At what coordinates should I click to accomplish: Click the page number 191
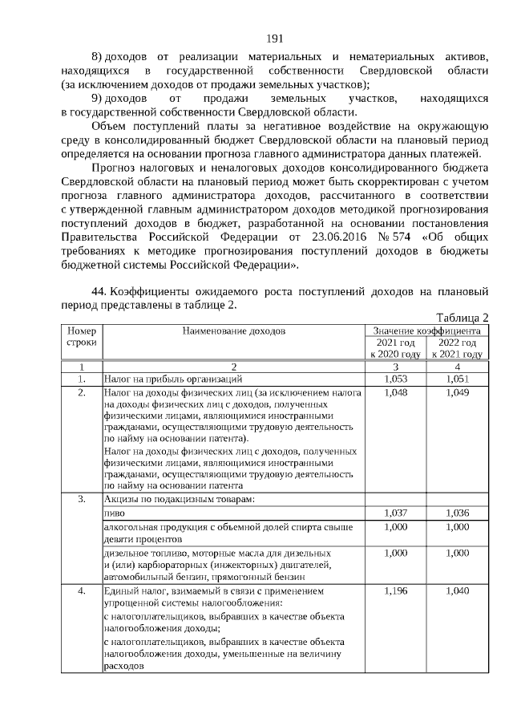coord(275,39)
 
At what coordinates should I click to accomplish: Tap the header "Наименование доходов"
coord(233,331)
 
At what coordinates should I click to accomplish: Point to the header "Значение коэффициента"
coord(426,331)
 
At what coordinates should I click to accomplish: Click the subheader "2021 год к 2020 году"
coord(395,348)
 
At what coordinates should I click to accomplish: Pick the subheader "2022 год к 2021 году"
coord(457,348)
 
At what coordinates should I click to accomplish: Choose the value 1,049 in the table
coord(457,392)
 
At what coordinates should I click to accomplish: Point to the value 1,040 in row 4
coord(457,591)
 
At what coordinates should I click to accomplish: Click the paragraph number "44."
coord(99,292)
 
